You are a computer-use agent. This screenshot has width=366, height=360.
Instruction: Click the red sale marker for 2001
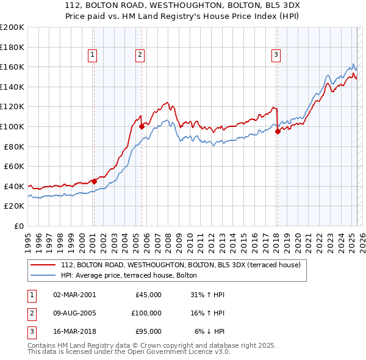coord(94,181)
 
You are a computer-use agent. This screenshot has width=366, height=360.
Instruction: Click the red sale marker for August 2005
coord(142,126)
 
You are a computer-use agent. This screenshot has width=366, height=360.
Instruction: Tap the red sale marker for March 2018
coord(277,131)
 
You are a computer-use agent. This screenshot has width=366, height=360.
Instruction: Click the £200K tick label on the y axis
coord(12,27)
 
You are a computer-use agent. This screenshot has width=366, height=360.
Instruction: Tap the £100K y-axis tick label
coord(12,126)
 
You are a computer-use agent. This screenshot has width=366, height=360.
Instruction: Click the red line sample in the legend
coord(43,265)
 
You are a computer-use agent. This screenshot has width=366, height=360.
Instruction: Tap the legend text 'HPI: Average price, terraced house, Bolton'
coord(129,275)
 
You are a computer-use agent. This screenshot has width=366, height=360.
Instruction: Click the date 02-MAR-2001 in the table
coord(74,295)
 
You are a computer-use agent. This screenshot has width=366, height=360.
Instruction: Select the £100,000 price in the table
coord(146,312)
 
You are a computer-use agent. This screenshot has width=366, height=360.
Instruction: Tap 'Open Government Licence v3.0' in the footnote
coord(172,352)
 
